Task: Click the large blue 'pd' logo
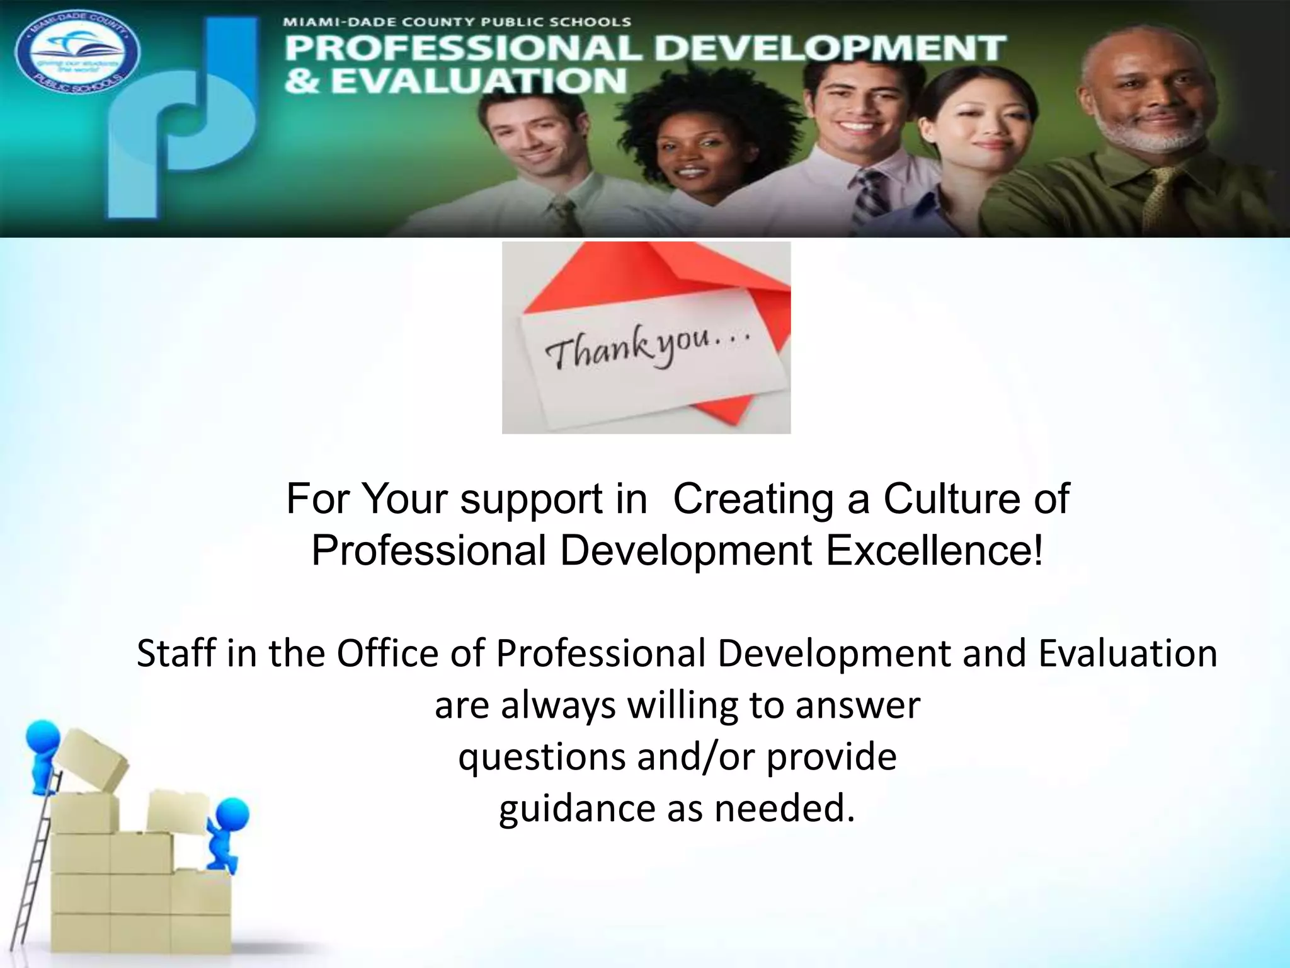(x=183, y=120)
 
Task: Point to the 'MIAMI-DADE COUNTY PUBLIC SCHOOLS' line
(x=457, y=22)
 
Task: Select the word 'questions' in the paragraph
(x=542, y=756)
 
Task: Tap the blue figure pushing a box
(x=226, y=832)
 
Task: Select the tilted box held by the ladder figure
(x=91, y=759)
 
